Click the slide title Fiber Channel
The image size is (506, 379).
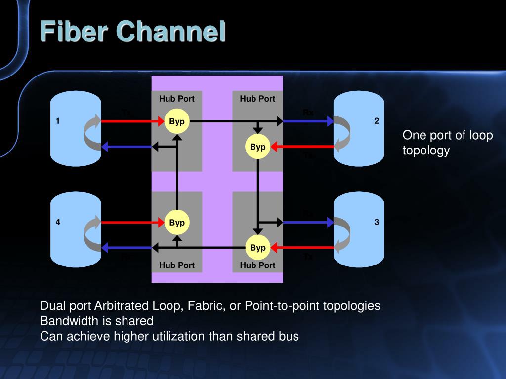pos(132,32)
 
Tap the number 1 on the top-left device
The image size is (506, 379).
pos(58,121)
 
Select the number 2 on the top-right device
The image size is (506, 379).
pos(377,121)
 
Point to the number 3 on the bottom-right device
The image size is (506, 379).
pos(377,222)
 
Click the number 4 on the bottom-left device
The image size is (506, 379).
pos(58,222)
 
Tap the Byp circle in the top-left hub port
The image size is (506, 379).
pos(176,121)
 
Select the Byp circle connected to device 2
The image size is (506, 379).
pos(258,147)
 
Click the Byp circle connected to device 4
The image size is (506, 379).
pos(176,222)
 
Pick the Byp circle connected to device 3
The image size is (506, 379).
pos(258,247)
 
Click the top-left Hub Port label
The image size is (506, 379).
pos(176,99)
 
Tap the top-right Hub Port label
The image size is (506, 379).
pos(257,99)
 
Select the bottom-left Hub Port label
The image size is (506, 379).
pos(176,265)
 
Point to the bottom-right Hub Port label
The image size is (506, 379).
pos(257,265)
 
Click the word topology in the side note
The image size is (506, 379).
pos(426,151)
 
